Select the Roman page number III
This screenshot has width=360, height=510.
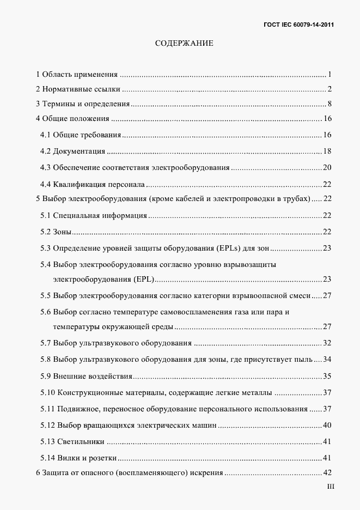point(331,487)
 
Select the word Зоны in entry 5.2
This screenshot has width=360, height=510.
point(63,232)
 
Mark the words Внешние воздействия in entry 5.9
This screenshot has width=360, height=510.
point(93,376)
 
